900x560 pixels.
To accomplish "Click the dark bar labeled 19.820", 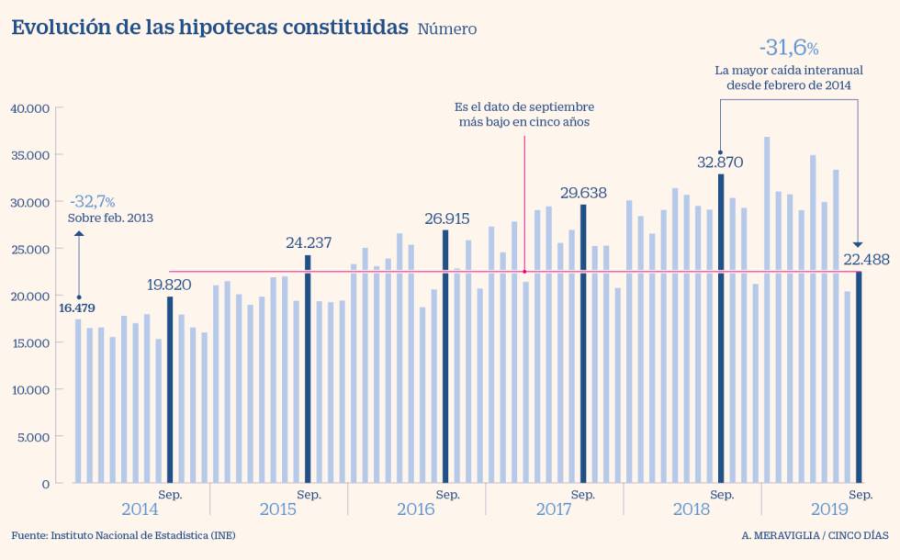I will (170, 389).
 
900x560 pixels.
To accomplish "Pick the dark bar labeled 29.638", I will (583, 343).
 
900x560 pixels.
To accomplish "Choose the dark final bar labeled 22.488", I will (859, 376).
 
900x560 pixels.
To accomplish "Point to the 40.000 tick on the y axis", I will (30, 108).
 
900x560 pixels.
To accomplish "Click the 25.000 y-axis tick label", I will (30, 249).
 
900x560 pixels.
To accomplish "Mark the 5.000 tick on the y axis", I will (33, 436).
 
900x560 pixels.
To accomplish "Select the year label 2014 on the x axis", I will (140, 510).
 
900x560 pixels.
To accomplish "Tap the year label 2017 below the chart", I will (554, 510).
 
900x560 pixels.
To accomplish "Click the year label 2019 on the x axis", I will (829, 510).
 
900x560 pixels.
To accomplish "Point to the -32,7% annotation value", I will (92, 201).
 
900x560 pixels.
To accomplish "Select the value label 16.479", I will (76, 308).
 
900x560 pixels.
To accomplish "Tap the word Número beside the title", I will (447, 29).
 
